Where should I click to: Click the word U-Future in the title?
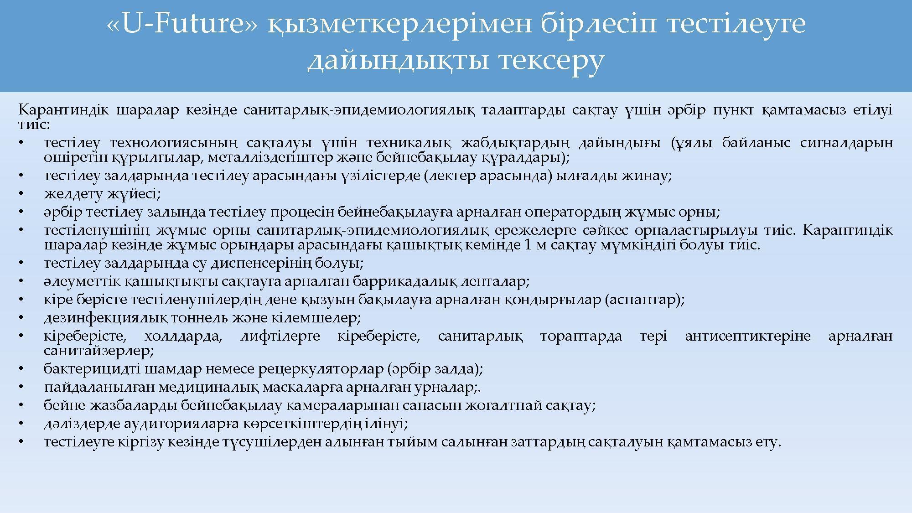pos(183,24)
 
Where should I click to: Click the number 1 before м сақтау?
pos(528,245)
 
